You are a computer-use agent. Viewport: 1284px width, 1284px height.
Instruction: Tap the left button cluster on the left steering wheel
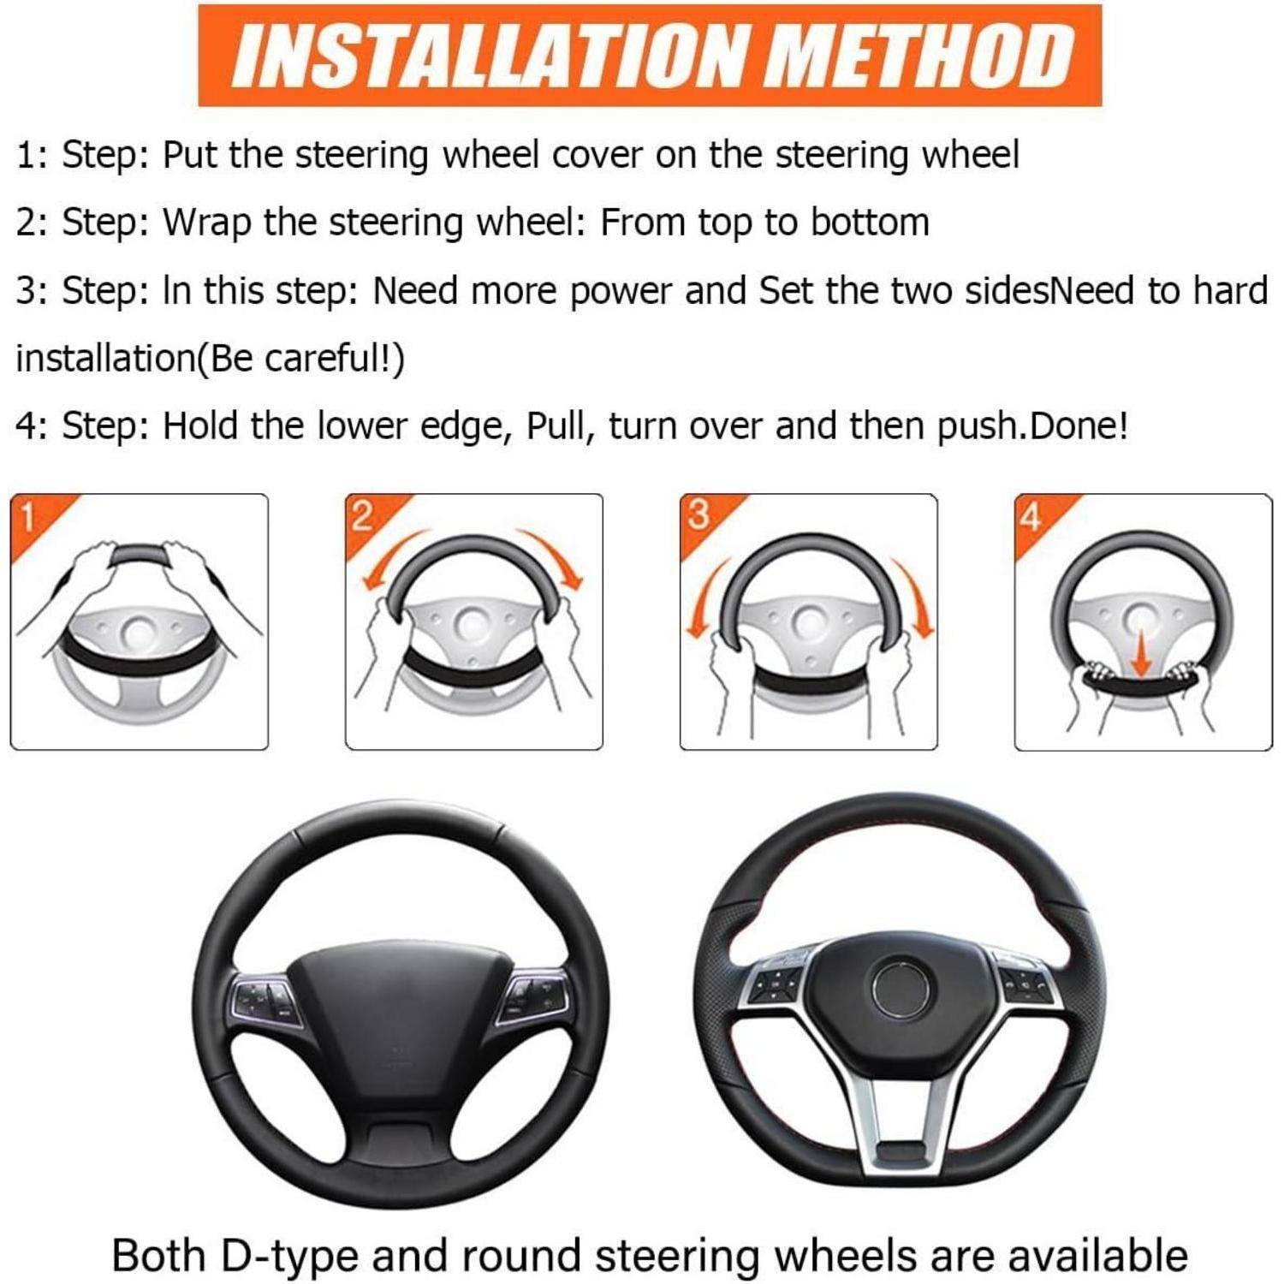pyautogui.click(x=265, y=999)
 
